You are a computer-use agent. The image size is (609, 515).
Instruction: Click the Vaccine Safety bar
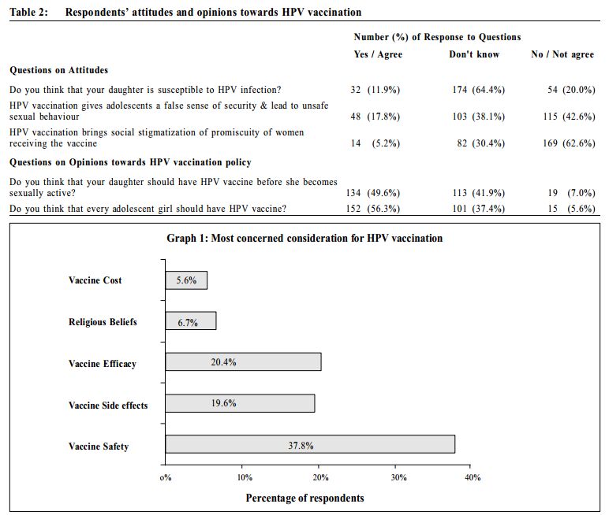[x=310, y=444]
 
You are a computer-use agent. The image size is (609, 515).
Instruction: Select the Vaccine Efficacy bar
[x=243, y=361]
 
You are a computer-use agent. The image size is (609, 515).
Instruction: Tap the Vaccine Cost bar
[x=186, y=280]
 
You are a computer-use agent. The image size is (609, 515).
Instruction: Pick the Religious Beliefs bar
[x=191, y=320]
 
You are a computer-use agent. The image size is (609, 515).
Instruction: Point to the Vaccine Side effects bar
[x=240, y=403]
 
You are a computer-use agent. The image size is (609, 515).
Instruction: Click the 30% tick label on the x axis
[x=398, y=477]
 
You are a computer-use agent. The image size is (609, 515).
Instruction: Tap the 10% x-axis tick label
[x=245, y=477]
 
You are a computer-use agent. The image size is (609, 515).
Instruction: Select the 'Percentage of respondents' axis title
[x=304, y=498]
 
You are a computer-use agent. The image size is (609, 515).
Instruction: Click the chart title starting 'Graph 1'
[x=304, y=238]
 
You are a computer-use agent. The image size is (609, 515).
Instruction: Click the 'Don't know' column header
[x=474, y=54]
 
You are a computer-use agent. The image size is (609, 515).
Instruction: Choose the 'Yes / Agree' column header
[x=378, y=54]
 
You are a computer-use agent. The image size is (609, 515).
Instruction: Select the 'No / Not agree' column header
[x=562, y=54]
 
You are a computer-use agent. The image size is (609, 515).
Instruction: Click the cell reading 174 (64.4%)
[x=479, y=90]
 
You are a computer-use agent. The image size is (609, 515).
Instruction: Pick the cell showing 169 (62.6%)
[x=569, y=143]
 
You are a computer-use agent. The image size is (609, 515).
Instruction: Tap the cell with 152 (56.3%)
[x=373, y=209]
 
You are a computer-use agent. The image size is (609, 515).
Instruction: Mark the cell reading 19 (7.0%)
[x=571, y=193]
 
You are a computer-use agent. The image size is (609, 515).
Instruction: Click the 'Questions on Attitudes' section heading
[x=58, y=70]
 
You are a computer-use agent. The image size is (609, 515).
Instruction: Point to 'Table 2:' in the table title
[x=28, y=12]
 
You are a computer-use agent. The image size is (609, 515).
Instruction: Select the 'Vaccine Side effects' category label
[x=108, y=406]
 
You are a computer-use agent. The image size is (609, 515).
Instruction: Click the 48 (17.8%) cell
[x=375, y=117]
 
